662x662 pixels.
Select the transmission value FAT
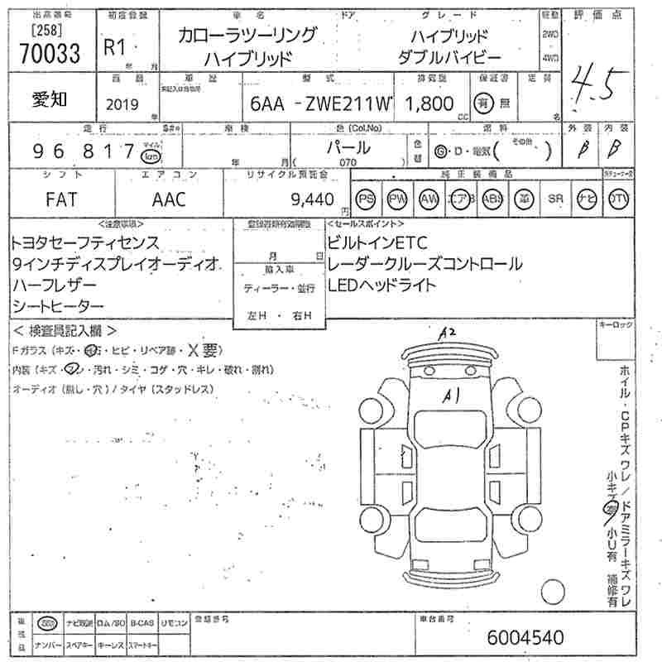(x=61, y=199)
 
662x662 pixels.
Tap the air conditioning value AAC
(x=169, y=199)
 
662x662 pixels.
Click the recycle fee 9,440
(x=312, y=199)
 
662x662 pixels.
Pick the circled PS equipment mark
(x=365, y=199)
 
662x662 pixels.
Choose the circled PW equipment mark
(x=397, y=199)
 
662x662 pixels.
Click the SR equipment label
(x=555, y=199)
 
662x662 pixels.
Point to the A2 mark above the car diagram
(x=448, y=333)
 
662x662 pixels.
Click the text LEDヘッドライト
(x=381, y=285)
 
